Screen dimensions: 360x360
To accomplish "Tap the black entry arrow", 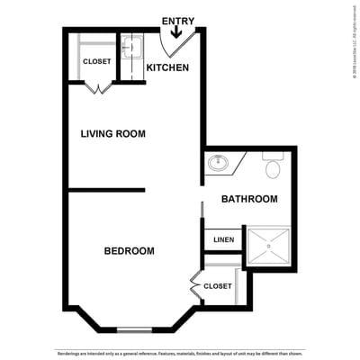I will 175,32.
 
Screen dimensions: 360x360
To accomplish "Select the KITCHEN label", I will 167,68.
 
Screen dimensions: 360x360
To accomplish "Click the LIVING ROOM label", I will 112,134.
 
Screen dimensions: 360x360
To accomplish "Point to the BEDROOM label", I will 129,251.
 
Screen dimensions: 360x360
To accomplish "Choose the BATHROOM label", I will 249,199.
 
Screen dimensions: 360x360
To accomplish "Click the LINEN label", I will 223,240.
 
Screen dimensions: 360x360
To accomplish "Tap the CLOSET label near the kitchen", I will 96,61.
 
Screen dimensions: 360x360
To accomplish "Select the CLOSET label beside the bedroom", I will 218,286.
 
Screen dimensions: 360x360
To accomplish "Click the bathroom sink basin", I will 218,164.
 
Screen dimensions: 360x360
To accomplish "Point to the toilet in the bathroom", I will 274,166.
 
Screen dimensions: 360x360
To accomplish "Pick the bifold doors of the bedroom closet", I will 195,286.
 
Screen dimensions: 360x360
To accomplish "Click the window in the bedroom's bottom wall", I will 135,328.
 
